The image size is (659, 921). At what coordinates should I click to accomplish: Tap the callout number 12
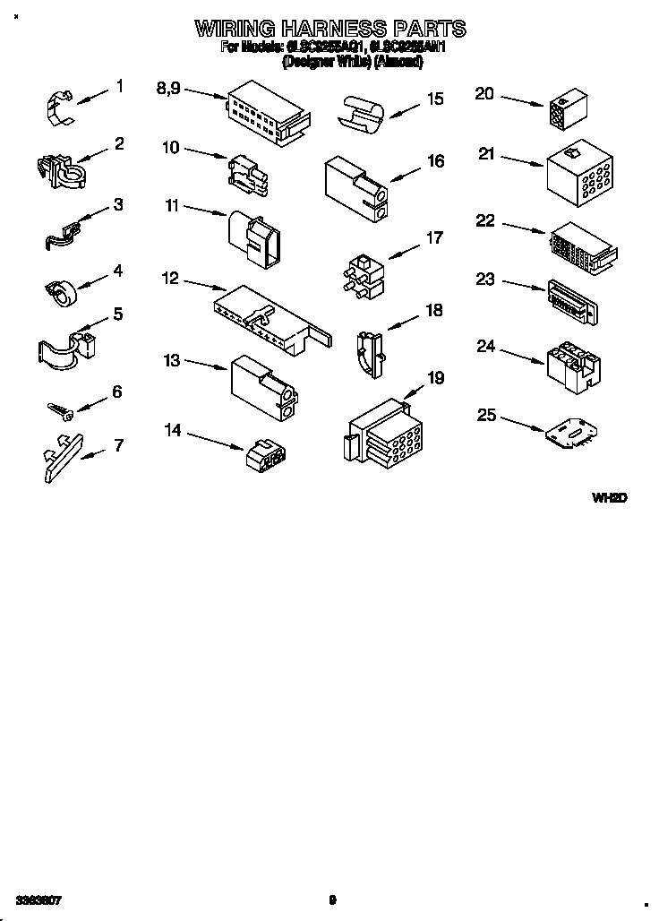[170, 280]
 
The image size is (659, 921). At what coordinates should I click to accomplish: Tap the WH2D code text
[608, 497]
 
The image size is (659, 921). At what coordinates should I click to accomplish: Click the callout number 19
[435, 378]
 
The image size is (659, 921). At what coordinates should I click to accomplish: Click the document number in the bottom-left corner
[38, 898]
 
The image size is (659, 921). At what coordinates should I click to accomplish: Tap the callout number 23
[485, 280]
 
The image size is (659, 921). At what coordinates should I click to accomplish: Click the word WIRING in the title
[232, 29]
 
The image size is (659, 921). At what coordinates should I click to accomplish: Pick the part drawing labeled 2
[60, 169]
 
